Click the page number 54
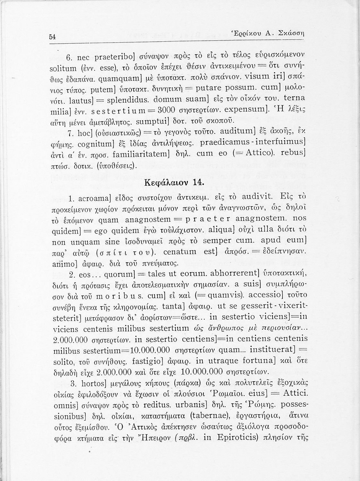(52, 37)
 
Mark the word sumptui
(154, 122)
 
